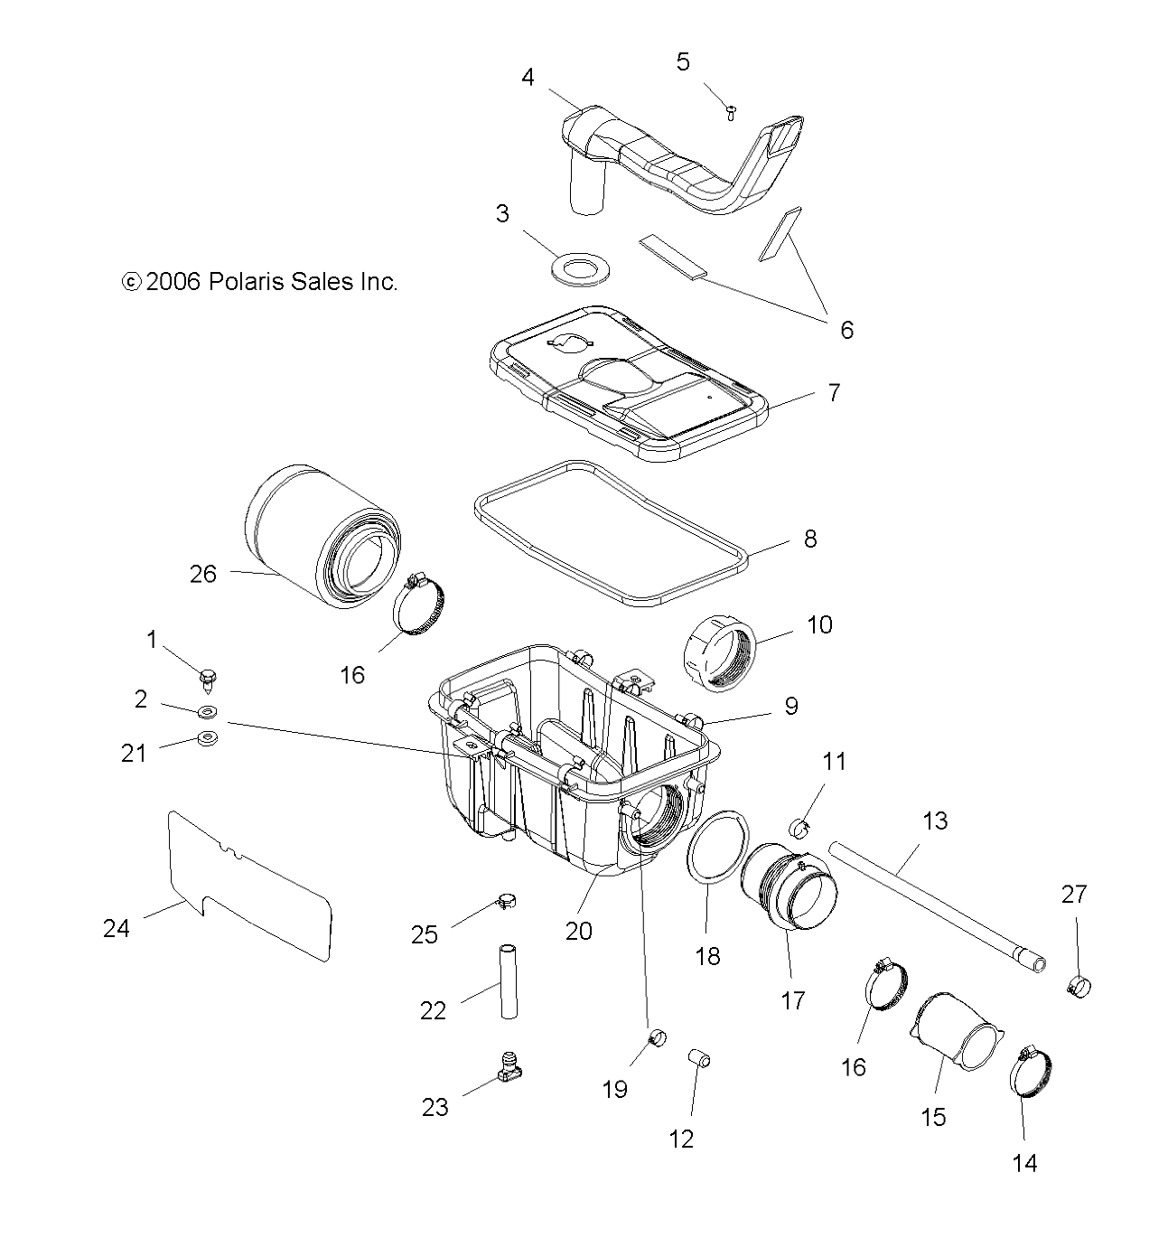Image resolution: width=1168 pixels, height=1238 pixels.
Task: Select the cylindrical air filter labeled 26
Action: click(307, 538)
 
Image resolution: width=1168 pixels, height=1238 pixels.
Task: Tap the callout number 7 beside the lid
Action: click(833, 393)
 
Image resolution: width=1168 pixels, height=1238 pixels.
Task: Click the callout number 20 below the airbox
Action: click(578, 929)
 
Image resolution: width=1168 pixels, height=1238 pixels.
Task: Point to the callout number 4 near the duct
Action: click(528, 78)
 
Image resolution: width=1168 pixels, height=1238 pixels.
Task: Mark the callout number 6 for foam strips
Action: click(846, 330)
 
